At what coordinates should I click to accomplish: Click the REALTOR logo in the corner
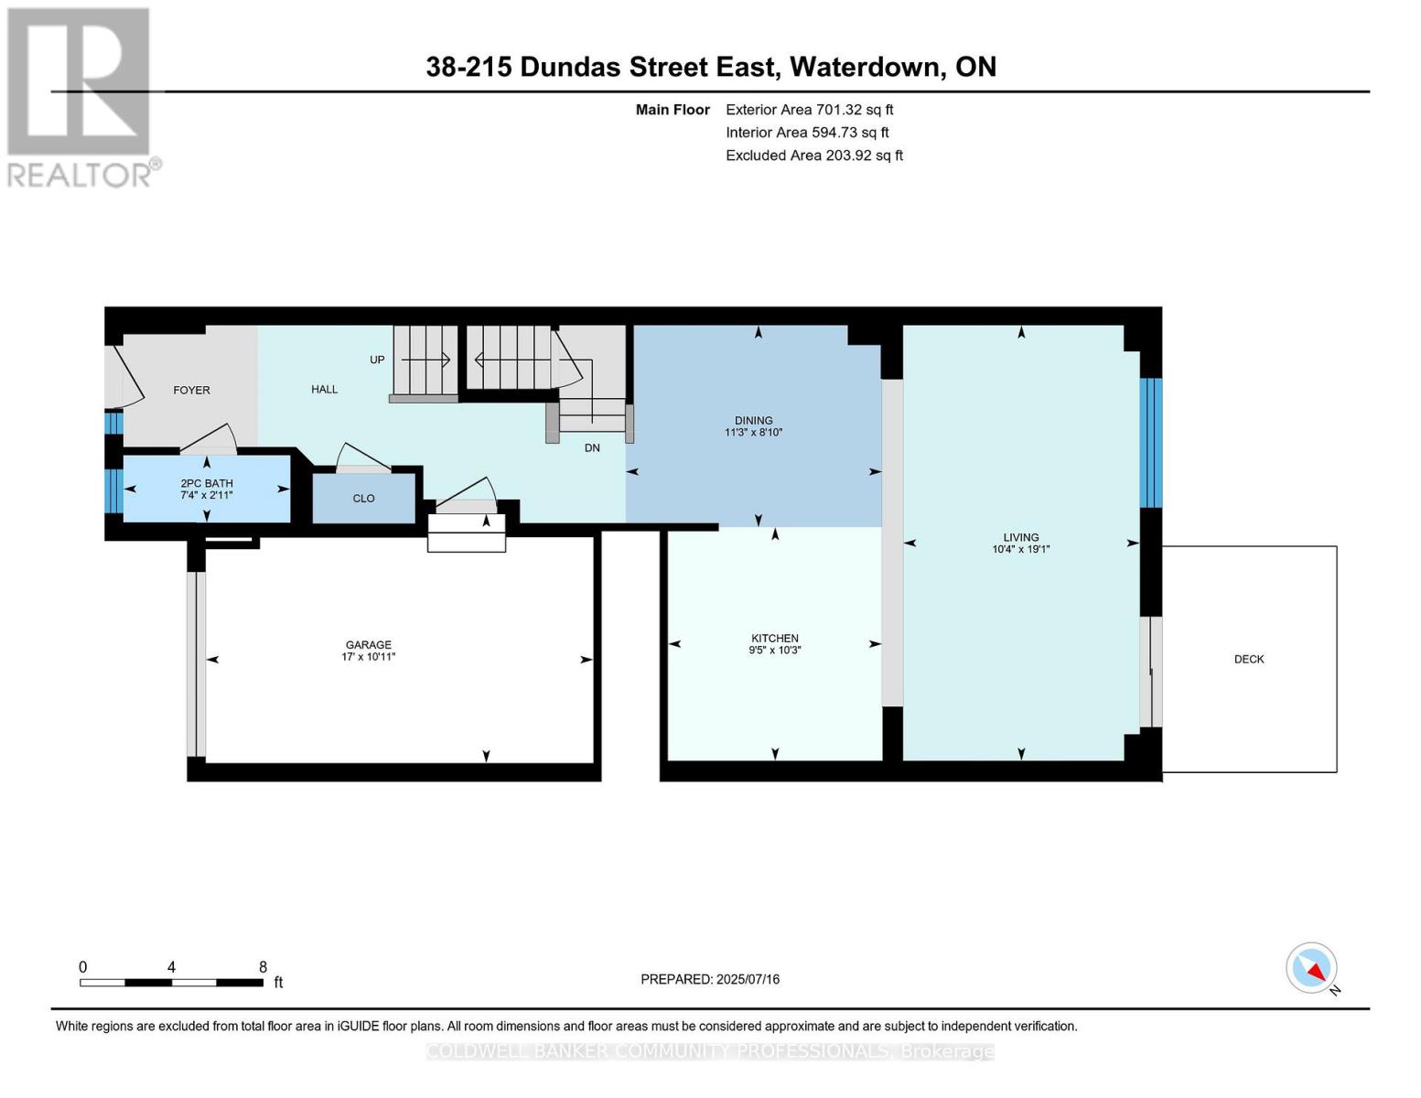81,96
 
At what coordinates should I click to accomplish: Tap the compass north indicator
1312,968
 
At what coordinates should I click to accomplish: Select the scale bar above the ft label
171,983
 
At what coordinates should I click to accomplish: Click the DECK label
1249,659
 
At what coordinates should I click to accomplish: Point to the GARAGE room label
368,644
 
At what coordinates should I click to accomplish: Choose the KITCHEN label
775,638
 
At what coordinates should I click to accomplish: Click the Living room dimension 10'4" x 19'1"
1021,550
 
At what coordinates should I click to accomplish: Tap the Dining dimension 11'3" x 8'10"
753,433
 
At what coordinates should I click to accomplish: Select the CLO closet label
363,499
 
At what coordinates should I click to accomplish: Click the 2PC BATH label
207,483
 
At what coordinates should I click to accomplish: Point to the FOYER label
191,390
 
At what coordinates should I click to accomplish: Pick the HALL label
324,389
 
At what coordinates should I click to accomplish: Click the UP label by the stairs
377,360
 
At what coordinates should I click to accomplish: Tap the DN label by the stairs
592,447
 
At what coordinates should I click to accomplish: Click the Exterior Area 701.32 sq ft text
809,110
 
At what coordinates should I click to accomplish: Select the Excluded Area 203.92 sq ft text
814,156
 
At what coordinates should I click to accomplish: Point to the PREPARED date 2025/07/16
710,979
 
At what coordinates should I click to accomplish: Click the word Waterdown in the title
866,67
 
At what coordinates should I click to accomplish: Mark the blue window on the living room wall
1151,443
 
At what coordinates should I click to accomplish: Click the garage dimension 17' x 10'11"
368,657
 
